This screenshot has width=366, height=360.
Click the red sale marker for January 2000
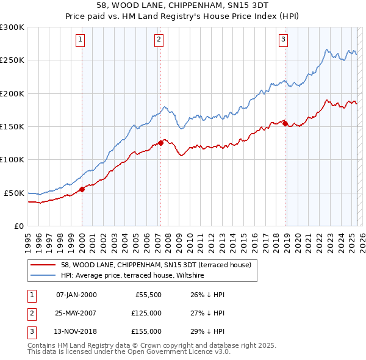click(x=82, y=189)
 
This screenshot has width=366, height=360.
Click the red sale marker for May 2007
click(x=160, y=143)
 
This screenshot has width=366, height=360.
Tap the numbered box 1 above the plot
click(x=80, y=40)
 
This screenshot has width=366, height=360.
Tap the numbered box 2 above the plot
click(x=159, y=40)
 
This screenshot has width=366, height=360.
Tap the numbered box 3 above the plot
click(x=284, y=40)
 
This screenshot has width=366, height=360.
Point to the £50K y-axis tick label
click(x=14, y=193)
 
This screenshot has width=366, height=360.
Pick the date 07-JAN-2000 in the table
click(x=76, y=295)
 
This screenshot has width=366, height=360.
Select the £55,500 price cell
click(x=149, y=295)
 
